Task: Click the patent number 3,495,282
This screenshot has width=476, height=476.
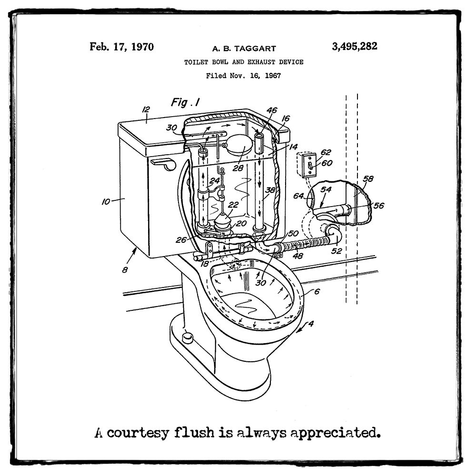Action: [x=355, y=47]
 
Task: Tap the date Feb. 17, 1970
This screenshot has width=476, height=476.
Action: [x=122, y=47]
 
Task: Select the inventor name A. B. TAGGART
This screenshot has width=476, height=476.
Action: [x=244, y=48]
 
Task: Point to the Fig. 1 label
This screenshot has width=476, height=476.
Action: [x=185, y=102]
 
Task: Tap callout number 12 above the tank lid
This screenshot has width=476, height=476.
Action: [x=146, y=110]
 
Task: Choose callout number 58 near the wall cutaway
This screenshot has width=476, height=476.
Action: [x=368, y=179]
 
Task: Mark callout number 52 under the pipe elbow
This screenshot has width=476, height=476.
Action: [x=337, y=251]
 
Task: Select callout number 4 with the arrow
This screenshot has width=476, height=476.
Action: [x=311, y=324]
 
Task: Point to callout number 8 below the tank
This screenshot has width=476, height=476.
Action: [x=125, y=270]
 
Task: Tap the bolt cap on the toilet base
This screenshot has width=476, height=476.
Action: [x=188, y=337]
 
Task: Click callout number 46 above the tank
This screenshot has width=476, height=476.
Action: [x=271, y=110]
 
